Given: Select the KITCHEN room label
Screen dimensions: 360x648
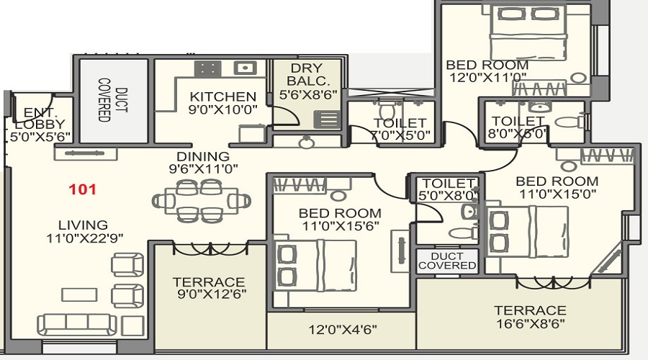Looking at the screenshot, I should pyautogui.click(x=222, y=97).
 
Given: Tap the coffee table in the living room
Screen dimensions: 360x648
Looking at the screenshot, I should pyautogui.click(x=76, y=294).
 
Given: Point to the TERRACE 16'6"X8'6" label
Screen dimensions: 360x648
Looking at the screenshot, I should pyautogui.click(x=529, y=318).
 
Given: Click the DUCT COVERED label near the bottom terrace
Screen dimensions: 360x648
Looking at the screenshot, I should pyautogui.click(x=447, y=261).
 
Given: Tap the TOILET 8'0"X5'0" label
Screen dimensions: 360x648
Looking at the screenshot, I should pyautogui.click(x=517, y=127).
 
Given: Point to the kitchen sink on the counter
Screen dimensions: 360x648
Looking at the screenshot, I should pyautogui.click(x=246, y=68).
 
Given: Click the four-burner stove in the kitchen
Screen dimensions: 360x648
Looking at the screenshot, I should pyautogui.click(x=209, y=68).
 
